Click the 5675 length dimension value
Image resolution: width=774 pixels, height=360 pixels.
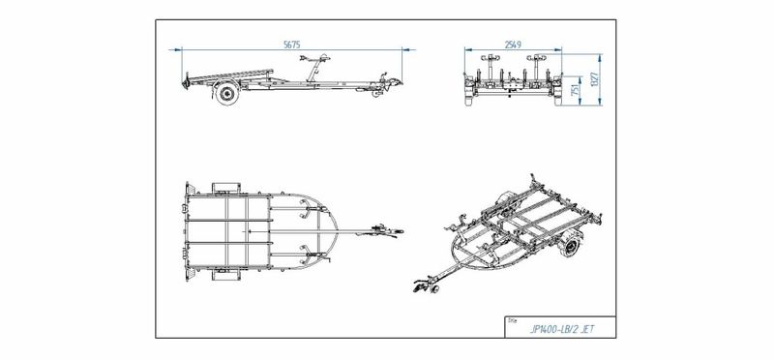(292, 45)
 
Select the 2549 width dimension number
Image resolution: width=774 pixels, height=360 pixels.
(513, 45)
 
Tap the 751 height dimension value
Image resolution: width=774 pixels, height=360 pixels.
(574, 91)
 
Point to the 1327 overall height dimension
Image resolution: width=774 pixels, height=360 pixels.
(594, 79)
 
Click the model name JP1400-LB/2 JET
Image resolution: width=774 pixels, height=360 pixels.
(562, 329)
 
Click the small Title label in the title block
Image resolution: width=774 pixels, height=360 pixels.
(512, 320)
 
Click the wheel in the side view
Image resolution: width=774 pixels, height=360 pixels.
(227, 93)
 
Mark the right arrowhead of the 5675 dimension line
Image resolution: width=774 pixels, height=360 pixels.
(408, 49)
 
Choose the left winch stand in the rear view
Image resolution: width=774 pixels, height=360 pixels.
(490, 68)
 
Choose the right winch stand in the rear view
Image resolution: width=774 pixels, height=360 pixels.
(536, 68)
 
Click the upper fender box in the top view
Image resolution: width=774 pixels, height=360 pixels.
(226, 188)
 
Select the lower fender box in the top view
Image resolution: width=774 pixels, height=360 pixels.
(226, 275)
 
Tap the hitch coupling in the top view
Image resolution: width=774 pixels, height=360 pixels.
(389, 230)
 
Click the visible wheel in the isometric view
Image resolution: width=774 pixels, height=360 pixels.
(571, 246)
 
